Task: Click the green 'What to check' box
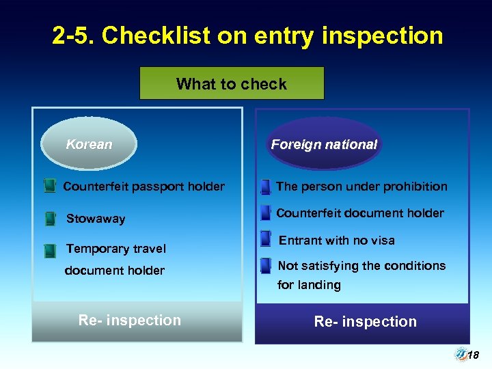232,83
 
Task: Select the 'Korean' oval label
89,144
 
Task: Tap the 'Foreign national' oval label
324,144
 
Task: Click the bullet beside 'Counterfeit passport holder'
50,186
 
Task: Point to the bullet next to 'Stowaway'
50,219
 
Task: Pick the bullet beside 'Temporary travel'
50,250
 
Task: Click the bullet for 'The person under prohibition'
266,187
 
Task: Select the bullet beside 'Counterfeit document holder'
266,213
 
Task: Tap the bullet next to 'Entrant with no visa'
266,241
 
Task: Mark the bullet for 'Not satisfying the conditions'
266,266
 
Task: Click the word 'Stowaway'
96,219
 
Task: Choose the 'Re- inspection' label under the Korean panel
130,320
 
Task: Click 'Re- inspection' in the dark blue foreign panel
365,321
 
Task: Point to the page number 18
473,355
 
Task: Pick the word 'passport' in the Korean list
155,187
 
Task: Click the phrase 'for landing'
309,285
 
